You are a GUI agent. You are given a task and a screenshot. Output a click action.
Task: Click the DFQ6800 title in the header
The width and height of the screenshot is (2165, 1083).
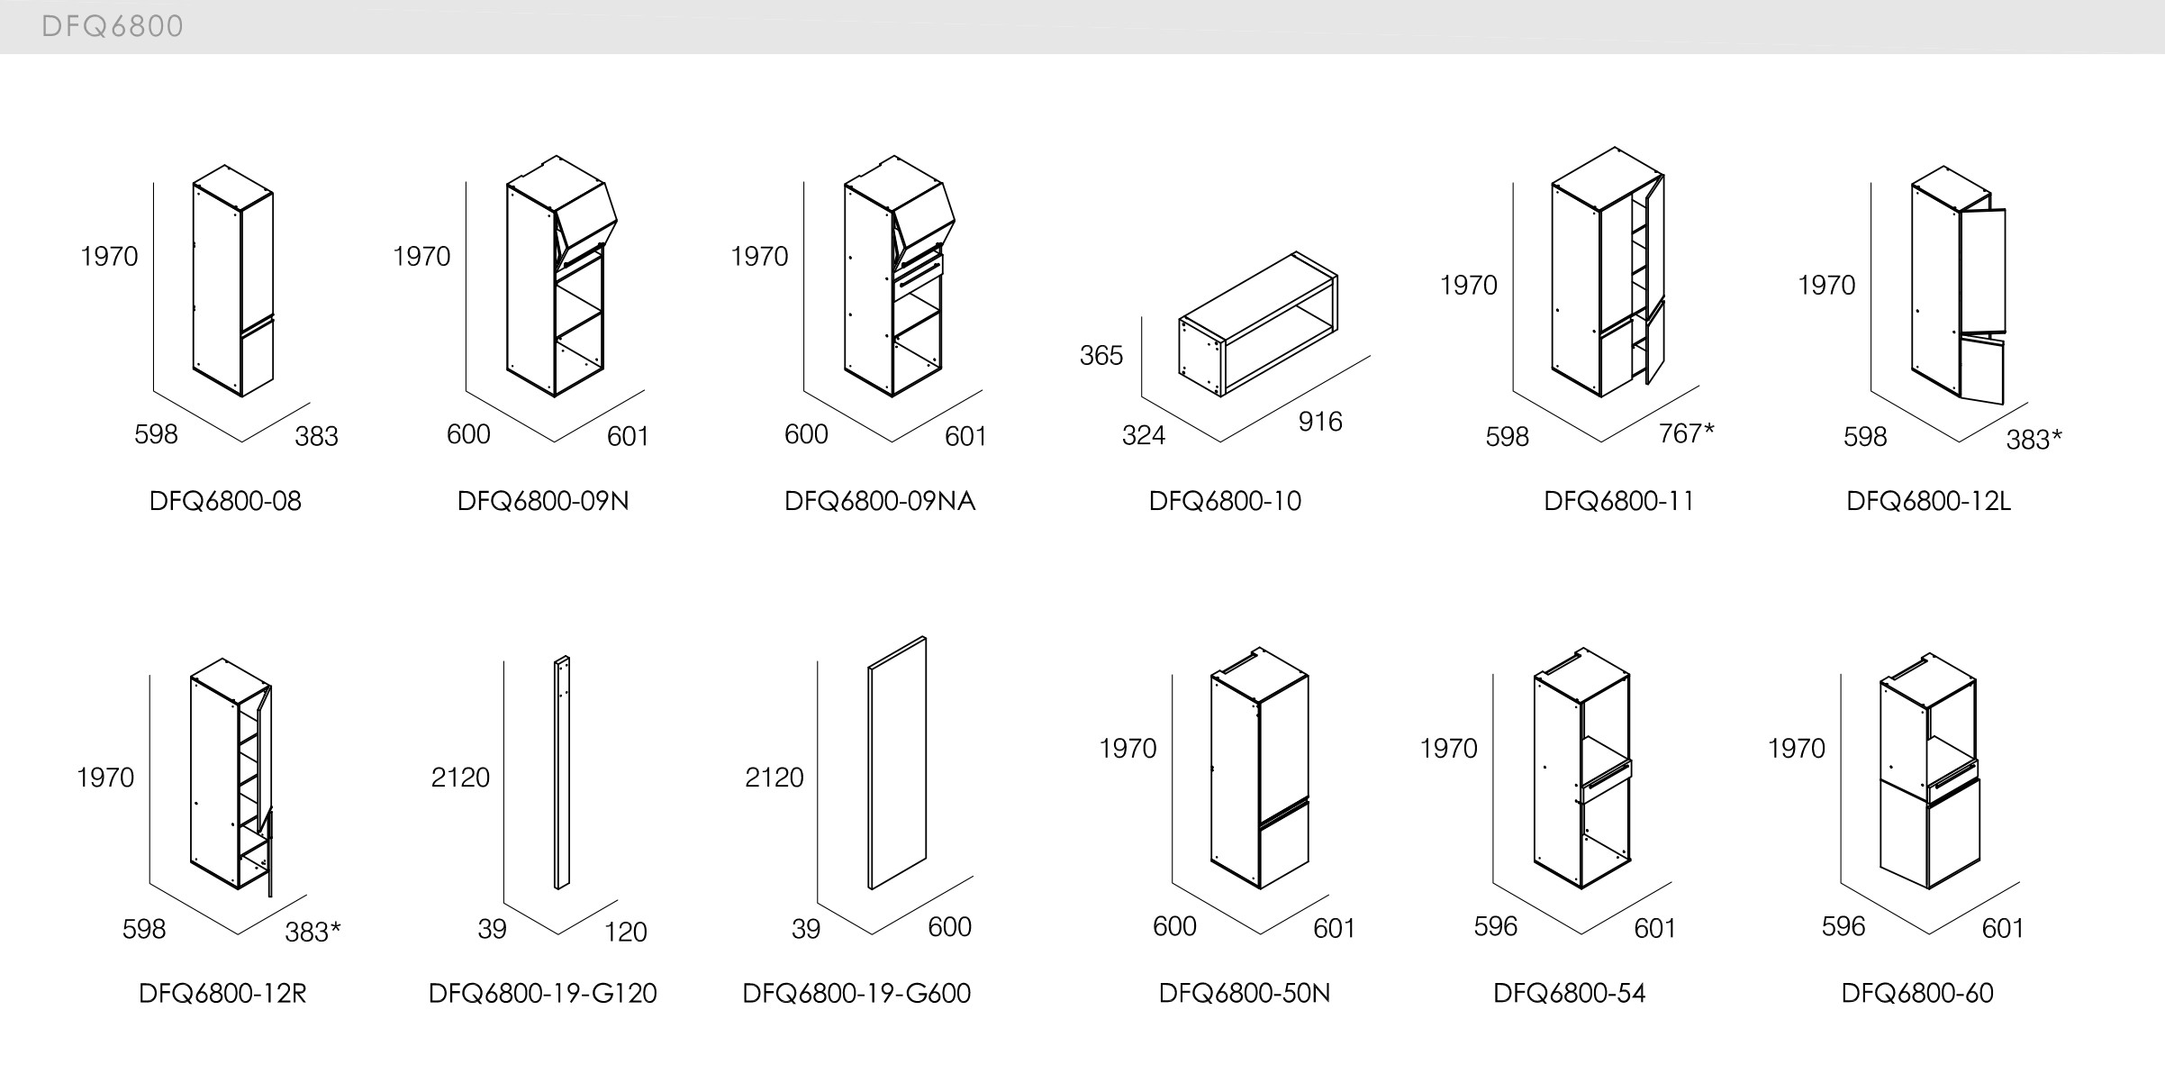tap(113, 26)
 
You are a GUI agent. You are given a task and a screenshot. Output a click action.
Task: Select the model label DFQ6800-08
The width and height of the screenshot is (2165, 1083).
tap(225, 501)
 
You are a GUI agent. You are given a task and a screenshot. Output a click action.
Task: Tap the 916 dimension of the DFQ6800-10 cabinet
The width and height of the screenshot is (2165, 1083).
tap(1319, 422)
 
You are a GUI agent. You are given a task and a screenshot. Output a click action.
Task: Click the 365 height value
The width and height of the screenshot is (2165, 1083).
tap(1101, 356)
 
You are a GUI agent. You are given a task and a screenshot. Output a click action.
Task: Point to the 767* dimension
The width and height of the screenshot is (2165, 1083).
tap(1686, 434)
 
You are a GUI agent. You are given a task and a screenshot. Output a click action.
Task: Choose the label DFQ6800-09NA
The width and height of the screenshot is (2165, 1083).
tap(880, 501)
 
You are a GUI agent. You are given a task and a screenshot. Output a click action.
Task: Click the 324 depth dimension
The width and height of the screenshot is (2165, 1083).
tap(1143, 436)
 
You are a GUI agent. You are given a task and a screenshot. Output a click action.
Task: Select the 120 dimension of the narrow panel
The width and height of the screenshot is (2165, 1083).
tap(625, 932)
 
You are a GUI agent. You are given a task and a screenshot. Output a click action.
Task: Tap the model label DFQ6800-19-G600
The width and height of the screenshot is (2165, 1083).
tap(856, 993)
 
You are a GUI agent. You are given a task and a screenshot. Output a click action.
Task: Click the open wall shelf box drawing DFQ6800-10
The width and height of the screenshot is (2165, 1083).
tap(1259, 324)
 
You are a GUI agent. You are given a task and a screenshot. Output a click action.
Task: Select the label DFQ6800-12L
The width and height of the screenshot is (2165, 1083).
tap(1928, 501)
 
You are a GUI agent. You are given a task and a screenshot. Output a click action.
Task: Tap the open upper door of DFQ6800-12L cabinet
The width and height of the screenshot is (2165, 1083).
tap(1983, 270)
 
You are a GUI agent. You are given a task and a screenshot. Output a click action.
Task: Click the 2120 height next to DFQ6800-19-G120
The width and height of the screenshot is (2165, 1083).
tap(460, 778)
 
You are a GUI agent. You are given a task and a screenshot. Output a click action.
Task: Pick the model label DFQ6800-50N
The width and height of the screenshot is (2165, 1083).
tap(1244, 993)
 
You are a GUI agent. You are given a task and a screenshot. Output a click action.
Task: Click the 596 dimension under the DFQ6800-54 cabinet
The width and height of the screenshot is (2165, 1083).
tap(1495, 926)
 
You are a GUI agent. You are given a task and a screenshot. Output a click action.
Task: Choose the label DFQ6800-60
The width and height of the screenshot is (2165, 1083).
tap(1916, 993)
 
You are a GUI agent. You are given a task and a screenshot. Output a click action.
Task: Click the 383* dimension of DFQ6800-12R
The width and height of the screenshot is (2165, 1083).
tap(313, 932)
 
